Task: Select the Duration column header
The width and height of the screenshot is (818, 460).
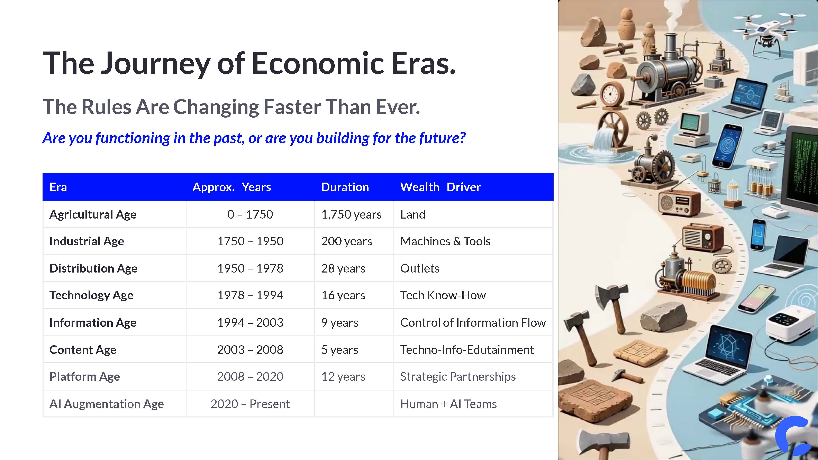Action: (345, 187)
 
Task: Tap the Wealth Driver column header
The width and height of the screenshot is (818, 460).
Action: (440, 187)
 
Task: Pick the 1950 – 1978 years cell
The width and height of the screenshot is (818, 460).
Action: (250, 268)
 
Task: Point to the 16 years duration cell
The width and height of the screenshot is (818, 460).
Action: (343, 295)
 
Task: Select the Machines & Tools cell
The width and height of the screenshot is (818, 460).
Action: (445, 241)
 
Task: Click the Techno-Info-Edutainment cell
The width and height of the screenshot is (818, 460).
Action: (467, 350)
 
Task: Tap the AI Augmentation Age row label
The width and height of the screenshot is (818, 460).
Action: (106, 404)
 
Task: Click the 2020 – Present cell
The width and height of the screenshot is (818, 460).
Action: (250, 404)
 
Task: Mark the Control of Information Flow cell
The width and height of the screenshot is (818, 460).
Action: (473, 323)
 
